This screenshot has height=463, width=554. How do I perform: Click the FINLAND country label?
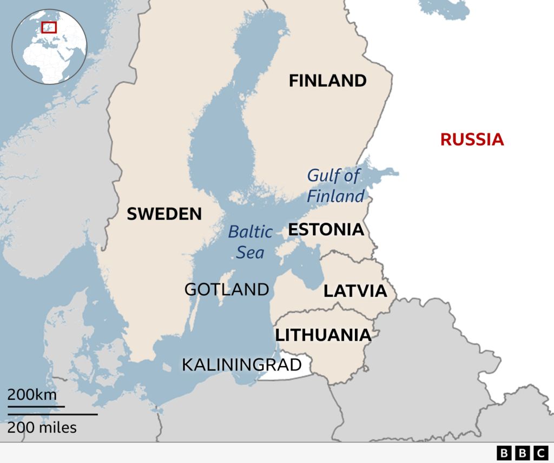click(327, 81)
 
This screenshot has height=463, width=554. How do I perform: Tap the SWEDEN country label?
click(164, 214)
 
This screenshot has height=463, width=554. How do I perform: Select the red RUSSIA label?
click(472, 140)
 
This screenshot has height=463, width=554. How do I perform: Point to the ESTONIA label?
click(326, 229)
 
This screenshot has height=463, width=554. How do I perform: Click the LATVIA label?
click(355, 291)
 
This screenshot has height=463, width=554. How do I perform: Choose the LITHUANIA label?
click(323, 335)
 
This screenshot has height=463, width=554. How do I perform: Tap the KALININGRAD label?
click(241, 364)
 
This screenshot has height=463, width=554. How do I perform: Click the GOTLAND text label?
click(227, 289)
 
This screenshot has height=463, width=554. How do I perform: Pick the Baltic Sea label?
click(250, 242)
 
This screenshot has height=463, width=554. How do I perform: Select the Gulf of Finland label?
click(335, 186)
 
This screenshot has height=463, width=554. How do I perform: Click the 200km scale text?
click(32, 394)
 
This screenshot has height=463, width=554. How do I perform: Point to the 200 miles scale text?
click(42, 428)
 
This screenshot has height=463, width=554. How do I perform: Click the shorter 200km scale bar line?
click(36, 406)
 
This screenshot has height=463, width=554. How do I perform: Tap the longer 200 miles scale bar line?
click(52, 414)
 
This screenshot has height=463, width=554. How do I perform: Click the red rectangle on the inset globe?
click(49, 27)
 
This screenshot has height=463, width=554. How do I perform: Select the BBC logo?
click(522, 453)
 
